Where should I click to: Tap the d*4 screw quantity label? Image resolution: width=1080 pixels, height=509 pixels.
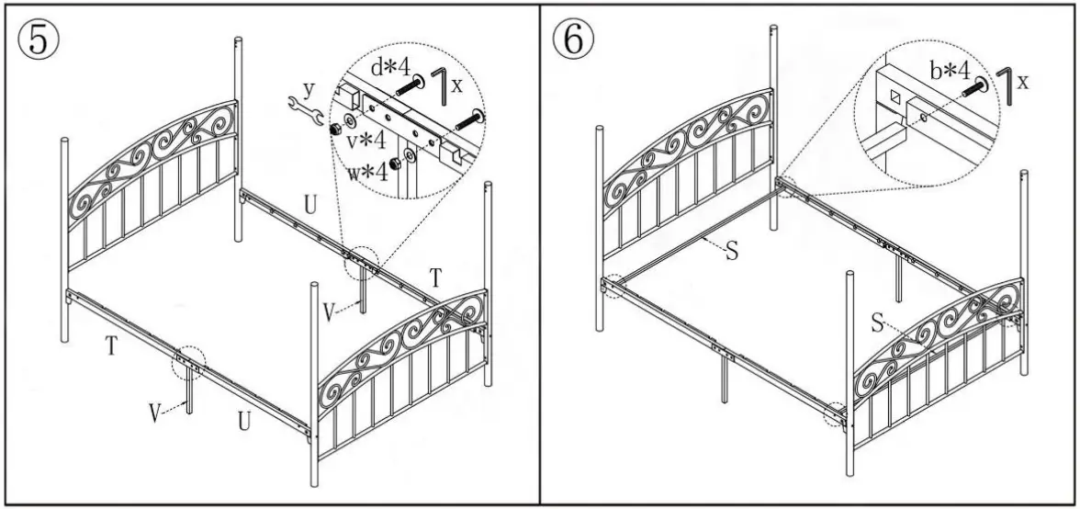tap(391, 69)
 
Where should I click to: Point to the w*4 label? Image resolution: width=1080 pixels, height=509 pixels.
tap(368, 173)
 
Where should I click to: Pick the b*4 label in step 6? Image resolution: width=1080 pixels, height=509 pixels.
tap(947, 70)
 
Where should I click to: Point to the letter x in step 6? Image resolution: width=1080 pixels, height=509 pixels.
tap(1022, 82)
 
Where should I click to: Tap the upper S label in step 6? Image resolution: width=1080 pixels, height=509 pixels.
tap(732, 251)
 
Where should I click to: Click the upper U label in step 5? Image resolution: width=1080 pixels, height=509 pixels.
tap(309, 205)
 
